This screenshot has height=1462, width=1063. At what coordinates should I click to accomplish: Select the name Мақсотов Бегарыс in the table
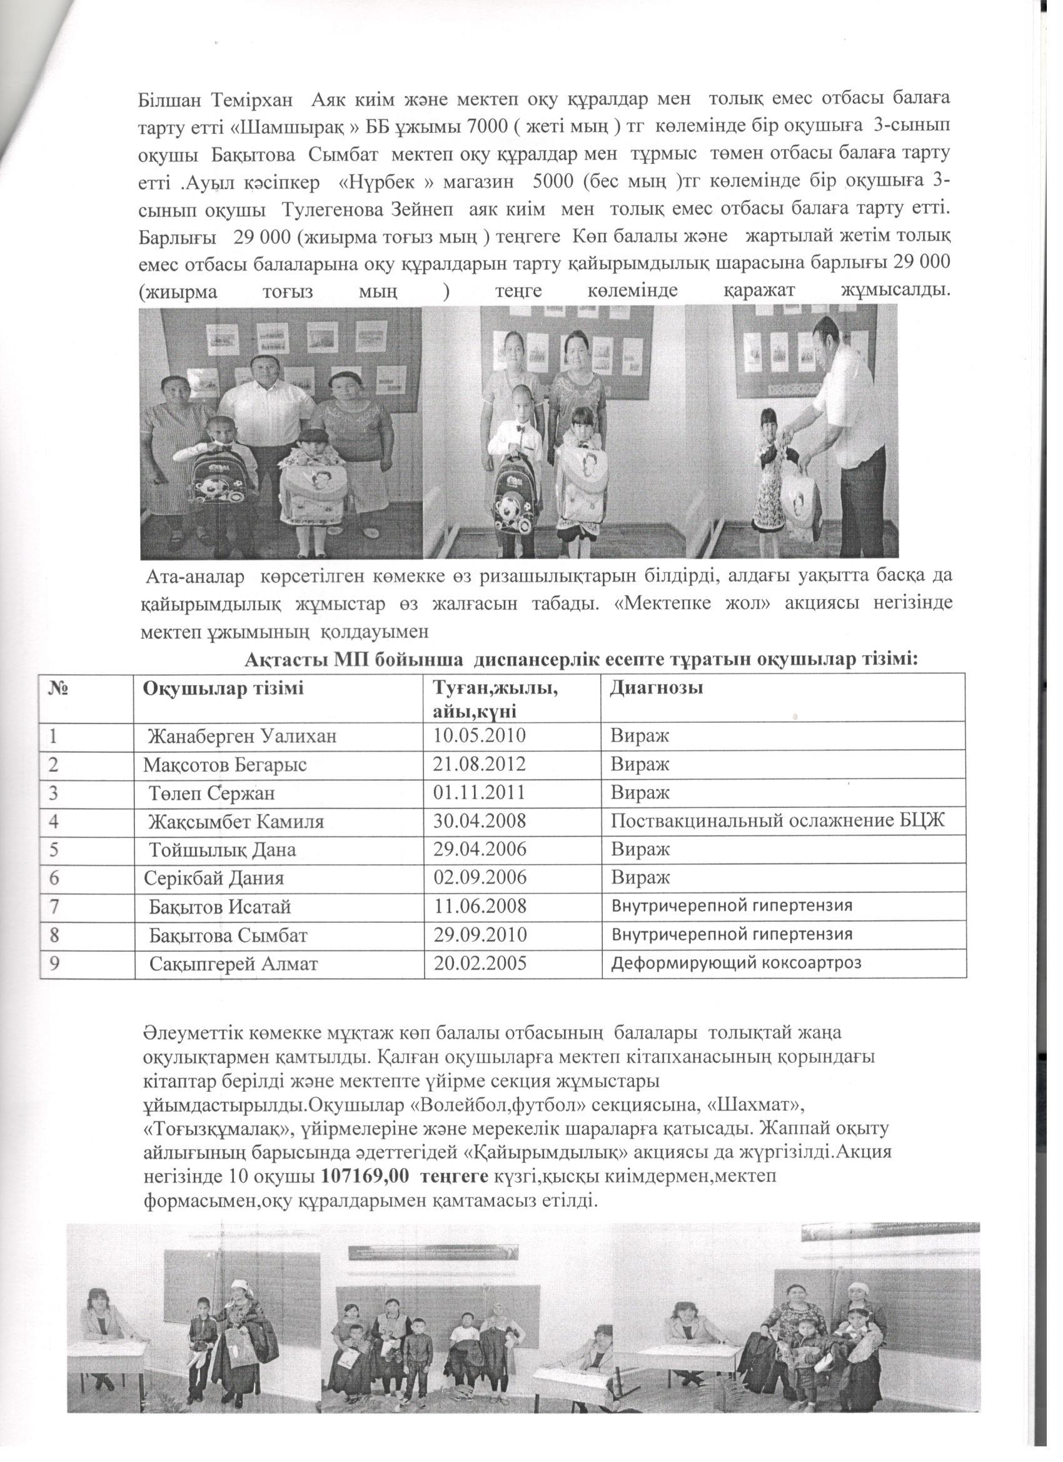click(x=224, y=765)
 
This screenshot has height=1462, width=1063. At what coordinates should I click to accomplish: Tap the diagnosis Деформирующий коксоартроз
click(x=735, y=963)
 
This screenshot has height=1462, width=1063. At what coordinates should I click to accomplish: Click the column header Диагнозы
click(x=656, y=688)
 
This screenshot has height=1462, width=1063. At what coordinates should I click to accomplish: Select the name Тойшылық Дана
click(x=223, y=850)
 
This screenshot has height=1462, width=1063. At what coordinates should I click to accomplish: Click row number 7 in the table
click(x=54, y=906)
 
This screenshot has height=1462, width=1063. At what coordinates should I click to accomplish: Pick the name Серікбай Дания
click(x=214, y=878)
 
